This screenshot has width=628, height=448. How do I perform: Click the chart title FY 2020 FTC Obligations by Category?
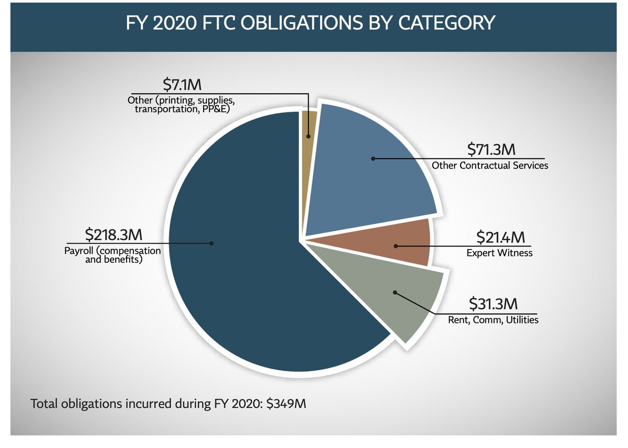pyautogui.click(x=310, y=24)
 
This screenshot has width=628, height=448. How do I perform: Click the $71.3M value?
pyautogui.click(x=491, y=150)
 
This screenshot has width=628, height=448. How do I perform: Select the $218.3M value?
pyautogui.click(x=111, y=234)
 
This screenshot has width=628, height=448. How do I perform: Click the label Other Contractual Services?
pyautogui.click(x=490, y=165)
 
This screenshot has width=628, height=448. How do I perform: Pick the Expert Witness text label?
pyautogui.click(x=499, y=253)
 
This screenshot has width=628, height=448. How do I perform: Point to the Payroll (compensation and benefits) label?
pyautogui.click(x=113, y=254)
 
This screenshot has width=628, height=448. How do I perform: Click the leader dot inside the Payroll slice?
pyautogui.click(x=212, y=243)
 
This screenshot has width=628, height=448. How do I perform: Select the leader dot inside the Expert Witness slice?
pyautogui.click(x=396, y=245)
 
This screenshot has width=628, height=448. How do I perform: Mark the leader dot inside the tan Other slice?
pyautogui.click(x=309, y=136)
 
